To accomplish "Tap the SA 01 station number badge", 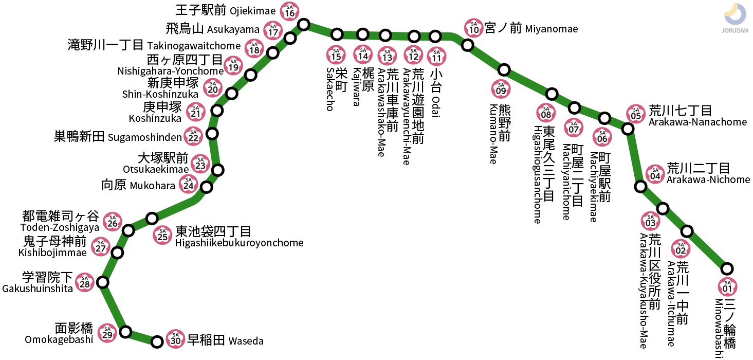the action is click(x=727, y=286).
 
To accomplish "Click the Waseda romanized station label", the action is click(x=246, y=341).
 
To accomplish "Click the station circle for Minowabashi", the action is click(x=727, y=268).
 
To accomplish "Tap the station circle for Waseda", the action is click(x=158, y=341).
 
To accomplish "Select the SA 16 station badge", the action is click(x=290, y=11).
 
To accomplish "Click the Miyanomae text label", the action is click(x=552, y=29).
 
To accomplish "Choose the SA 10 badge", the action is click(x=474, y=28).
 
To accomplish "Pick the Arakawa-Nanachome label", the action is click(x=697, y=122).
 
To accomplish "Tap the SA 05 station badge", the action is click(x=636, y=114).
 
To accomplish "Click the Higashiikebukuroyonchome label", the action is click(x=239, y=243).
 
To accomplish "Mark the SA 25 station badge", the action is click(x=163, y=235).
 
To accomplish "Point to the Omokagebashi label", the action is click(x=59, y=339).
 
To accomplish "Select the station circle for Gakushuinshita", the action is click(x=103, y=282).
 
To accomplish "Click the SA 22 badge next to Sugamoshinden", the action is click(x=193, y=136).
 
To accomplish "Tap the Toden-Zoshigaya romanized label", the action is click(x=59, y=228).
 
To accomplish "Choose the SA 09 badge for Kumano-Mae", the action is click(x=501, y=89).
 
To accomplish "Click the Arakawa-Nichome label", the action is click(x=708, y=179).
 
